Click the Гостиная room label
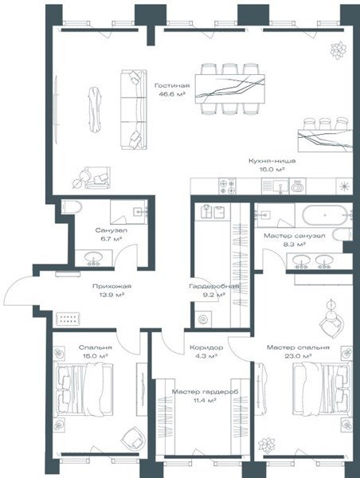point(172,86)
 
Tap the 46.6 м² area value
point(172,95)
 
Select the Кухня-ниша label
point(272,161)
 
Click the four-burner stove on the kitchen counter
point(228,186)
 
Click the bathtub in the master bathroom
point(325,215)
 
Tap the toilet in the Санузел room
point(72,207)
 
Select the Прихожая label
point(112,286)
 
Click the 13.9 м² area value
point(112,295)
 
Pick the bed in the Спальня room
point(83,389)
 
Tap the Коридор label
point(206,347)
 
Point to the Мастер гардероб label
point(205,392)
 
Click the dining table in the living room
point(230,89)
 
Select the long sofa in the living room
point(134,110)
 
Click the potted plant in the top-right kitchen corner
point(338,50)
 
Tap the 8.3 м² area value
point(293,245)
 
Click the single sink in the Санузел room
point(93,257)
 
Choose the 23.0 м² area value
point(298,356)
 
